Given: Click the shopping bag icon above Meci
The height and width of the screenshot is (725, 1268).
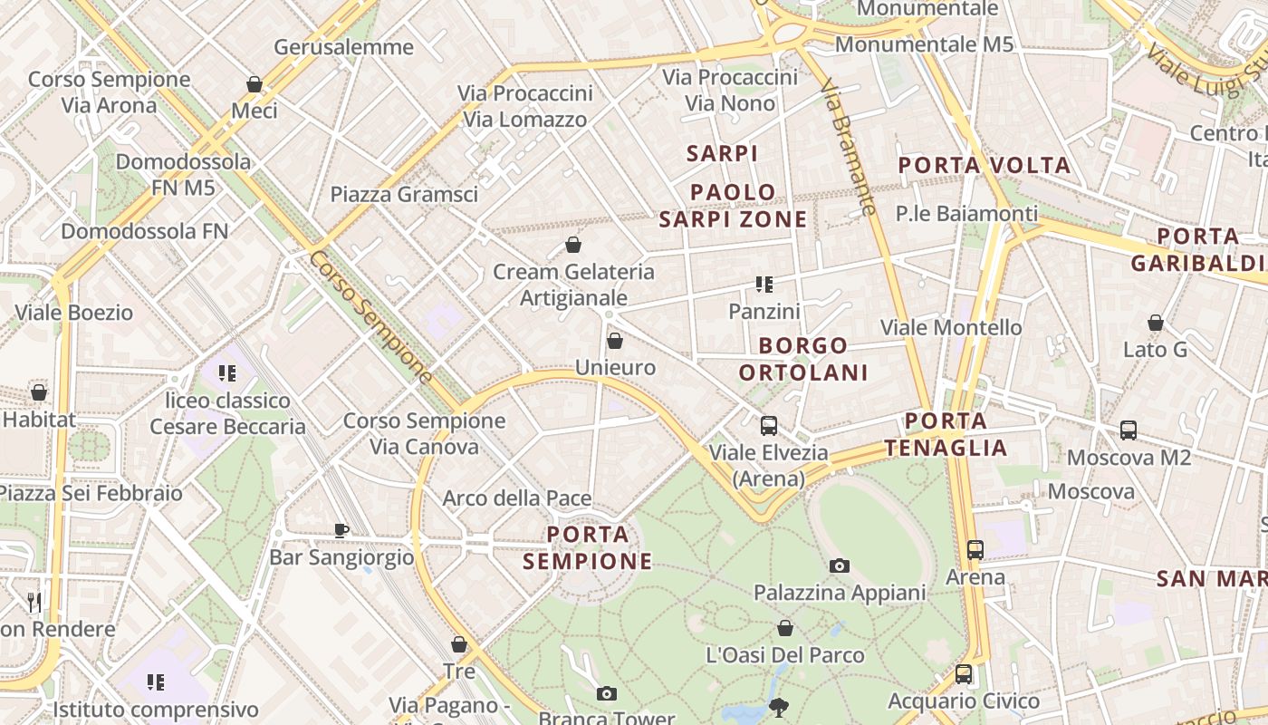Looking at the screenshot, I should tap(255, 84).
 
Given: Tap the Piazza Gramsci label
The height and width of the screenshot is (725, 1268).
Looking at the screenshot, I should tap(404, 194).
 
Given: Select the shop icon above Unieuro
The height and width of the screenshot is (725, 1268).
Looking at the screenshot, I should tap(615, 341).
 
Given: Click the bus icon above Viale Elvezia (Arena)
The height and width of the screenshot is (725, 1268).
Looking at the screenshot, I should tap(769, 425).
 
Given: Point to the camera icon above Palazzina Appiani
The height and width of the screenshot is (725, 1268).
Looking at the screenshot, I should tap(840, 565).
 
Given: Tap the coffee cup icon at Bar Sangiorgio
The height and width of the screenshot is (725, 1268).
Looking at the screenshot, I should tap(341, 530).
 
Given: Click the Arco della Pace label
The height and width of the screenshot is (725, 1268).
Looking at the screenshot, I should tap(517, 498).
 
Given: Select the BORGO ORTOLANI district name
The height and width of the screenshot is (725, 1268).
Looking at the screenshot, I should tap(803, 359).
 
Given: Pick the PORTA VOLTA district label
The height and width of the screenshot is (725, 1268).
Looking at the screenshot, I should tap(985, 165).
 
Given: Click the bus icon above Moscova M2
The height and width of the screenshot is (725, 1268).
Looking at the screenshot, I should tap(1129, 430).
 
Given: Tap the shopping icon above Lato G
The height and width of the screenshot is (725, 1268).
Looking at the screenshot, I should tap(1156, 323).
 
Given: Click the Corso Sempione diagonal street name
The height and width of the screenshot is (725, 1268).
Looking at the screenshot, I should tap(371, 317).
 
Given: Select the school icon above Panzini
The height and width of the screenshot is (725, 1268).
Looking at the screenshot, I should tap(764, 285).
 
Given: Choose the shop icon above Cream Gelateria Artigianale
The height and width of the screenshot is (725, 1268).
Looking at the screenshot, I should tap(573, 245).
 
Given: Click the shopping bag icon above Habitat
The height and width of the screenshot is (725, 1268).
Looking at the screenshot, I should tap(39, 392).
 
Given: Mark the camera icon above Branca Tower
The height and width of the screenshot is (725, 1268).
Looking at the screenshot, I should tap(607, 694).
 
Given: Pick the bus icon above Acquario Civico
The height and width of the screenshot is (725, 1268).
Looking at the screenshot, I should tap(964, 674).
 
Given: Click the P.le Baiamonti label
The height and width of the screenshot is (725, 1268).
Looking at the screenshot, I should tap(967, 214).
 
